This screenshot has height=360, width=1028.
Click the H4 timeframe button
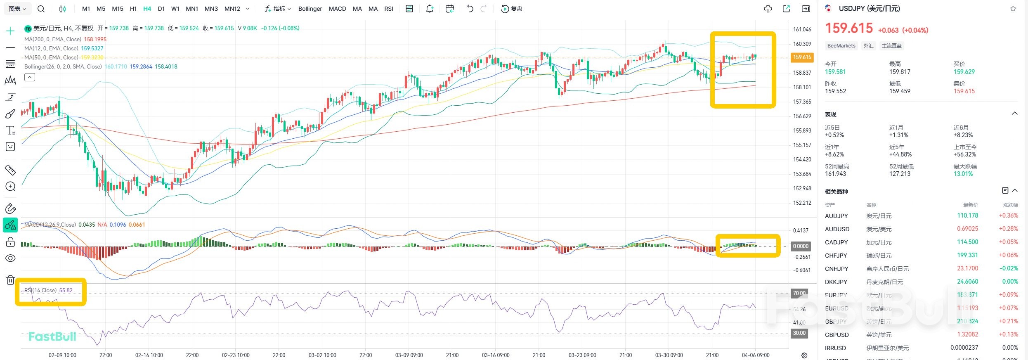147,9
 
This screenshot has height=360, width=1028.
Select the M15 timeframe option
118,9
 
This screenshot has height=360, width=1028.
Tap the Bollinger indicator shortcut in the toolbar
310,9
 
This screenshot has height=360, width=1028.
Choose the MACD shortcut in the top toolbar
337,9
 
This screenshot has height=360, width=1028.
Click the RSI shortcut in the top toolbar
388,9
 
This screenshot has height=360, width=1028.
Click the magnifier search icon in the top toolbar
41,9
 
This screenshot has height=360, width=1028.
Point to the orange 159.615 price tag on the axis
802,57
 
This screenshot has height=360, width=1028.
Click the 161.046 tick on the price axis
802,29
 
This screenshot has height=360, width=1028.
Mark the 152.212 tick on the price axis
802,203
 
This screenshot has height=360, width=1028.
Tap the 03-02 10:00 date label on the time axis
322,355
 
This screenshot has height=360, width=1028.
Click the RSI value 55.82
66,290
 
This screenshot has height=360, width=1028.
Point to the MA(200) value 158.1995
95,39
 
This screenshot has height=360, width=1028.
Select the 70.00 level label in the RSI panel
799,293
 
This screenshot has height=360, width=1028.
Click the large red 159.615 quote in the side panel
848,28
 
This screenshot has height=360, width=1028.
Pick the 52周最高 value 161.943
835,174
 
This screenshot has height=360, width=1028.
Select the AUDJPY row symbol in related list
836,216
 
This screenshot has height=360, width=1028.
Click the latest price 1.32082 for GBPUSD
967,334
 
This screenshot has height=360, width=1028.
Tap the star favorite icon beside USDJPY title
1013,9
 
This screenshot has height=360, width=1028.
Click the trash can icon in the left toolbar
10,280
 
